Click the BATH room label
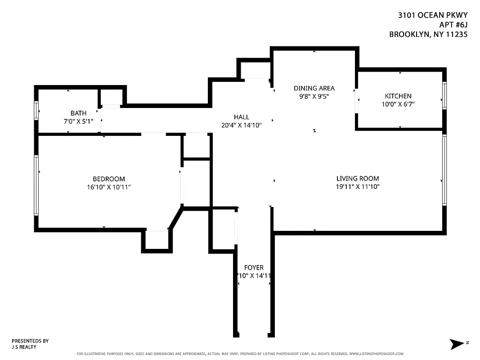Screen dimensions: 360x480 point(78,113)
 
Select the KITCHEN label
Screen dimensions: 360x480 point(398,96)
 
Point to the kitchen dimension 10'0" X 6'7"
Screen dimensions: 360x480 point(398,104)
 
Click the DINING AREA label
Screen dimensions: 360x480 point(314,88)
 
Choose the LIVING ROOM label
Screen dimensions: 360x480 point(358,178)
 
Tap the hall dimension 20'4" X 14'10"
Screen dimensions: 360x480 point(241,125)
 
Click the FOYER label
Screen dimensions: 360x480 point(254,267)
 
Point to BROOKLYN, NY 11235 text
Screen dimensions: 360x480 point(428,34)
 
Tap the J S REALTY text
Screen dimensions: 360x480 point(24,347)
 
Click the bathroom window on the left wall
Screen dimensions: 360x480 point(36,110)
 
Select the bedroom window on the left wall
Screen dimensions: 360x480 point(36,185)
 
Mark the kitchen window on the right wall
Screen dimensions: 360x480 point(444,95)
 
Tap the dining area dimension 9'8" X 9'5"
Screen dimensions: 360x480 point(314,96)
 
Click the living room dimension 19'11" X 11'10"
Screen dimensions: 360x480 point(358,186)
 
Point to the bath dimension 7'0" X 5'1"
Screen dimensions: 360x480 point(78,121)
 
